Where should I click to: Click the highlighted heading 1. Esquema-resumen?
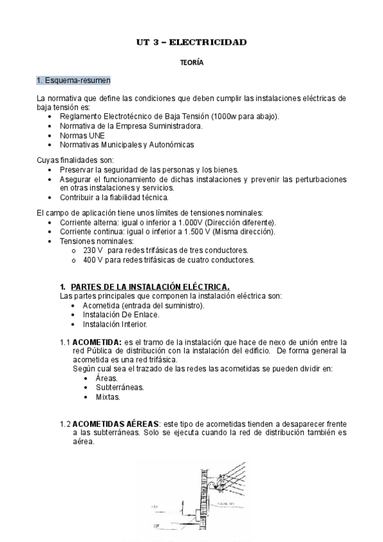coord(73,80)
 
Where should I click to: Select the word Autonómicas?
coord(170,144)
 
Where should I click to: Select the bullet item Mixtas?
coord(108,397)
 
